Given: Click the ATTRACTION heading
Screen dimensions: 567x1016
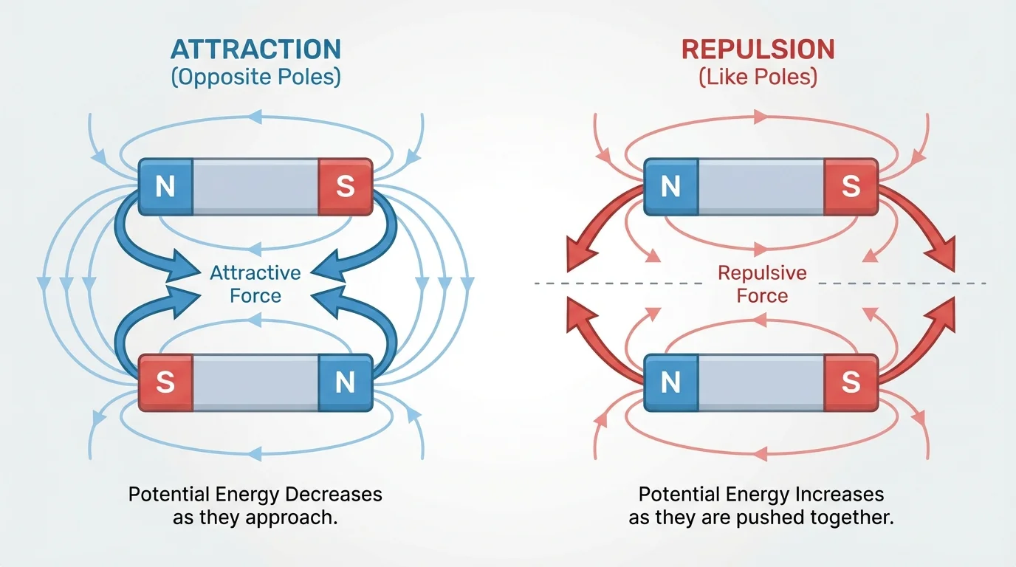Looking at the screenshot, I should coord(255,49).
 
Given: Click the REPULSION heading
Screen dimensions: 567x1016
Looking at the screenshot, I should coord(758,49).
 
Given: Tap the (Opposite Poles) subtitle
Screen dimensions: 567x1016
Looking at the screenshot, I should coord(255,78).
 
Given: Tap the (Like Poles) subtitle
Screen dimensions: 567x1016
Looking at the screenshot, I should coord(758,78).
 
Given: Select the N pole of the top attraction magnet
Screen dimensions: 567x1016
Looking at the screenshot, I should coord(165,187).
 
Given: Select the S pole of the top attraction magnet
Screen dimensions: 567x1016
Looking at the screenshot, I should coord(345,187).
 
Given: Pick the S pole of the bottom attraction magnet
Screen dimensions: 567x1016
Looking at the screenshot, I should coord(165,382).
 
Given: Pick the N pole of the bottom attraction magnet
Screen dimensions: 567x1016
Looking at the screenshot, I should coord(345,382).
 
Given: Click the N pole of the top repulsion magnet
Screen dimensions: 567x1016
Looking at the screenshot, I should coord(670,187).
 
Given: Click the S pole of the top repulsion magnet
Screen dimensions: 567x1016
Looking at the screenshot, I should coord(851,187).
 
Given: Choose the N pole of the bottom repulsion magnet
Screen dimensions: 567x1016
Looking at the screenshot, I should coord(670,382).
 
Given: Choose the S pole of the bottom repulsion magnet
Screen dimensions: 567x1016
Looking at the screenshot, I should coord(851,382).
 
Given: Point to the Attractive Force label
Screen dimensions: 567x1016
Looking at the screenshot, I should coord(255,284).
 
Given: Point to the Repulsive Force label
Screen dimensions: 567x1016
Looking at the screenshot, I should coord(762,284).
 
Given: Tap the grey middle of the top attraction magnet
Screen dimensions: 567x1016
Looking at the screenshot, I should coord(255,187).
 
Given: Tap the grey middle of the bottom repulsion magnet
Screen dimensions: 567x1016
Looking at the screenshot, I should coord(761,382).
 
